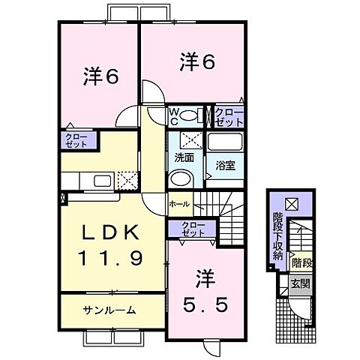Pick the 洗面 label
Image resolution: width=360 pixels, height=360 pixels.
point(184,158)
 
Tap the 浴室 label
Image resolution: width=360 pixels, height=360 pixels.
point(225,165)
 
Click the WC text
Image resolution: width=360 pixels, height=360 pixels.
point(173,115)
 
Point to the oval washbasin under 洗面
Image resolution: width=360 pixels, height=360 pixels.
point(181,179)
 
